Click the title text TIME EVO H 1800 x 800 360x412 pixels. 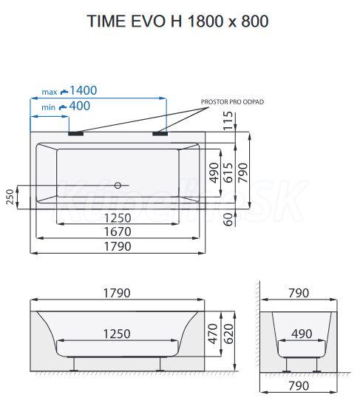pyautogui.click(x=177, y=21)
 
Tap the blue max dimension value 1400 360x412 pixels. pyautogui.click(x=84, y=90)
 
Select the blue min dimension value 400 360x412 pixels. pyautogui.click(x=80, y=106)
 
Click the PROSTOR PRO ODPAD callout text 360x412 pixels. pyautogui.click(x=232, y=102)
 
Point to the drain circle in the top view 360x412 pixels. pyautogui.click(x=118, y=185)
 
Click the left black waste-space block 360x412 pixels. pyautogui.click(x=76, y=133)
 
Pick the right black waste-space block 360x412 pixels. pyautogui.click(x=160, y=133)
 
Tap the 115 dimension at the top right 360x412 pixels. pyautogui.click(x=228, y=121)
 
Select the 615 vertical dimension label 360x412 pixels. pyautogui.click(x=228, y=172)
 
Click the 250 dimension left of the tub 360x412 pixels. pyautogui.click(x=10, y=197)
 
